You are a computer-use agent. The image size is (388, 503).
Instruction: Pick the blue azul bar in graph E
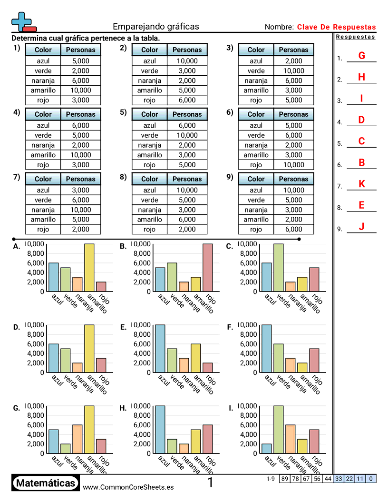[160, 348]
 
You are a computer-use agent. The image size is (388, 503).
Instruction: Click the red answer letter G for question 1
[361, 56]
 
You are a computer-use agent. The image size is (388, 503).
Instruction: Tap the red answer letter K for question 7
[361, 184]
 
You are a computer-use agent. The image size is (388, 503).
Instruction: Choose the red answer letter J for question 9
[361, 227]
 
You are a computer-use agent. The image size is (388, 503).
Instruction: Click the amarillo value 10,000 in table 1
[81, 90]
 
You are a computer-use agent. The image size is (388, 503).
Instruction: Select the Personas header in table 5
[187, 114]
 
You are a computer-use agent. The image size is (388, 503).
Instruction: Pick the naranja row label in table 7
[43, 210]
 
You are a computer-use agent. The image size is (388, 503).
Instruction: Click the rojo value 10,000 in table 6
[293, 165]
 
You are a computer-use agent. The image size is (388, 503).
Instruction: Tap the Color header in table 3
[256, 50]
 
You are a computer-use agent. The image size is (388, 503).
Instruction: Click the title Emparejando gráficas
[156, 27]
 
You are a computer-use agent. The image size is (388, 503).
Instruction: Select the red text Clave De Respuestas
[336, 27]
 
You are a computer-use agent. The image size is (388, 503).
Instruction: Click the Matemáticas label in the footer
[46, 483]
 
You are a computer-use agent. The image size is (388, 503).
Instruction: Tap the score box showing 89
[284, 479]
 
